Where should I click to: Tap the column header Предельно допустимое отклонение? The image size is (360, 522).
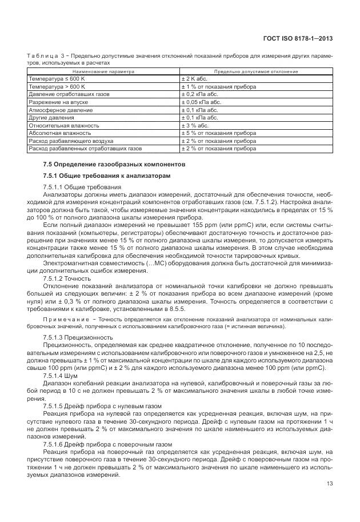255,71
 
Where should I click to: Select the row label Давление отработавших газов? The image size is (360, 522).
69,94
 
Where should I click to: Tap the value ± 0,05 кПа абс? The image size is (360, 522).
202,102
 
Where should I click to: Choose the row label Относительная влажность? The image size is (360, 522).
64,125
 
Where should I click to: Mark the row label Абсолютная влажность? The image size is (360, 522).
59,133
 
